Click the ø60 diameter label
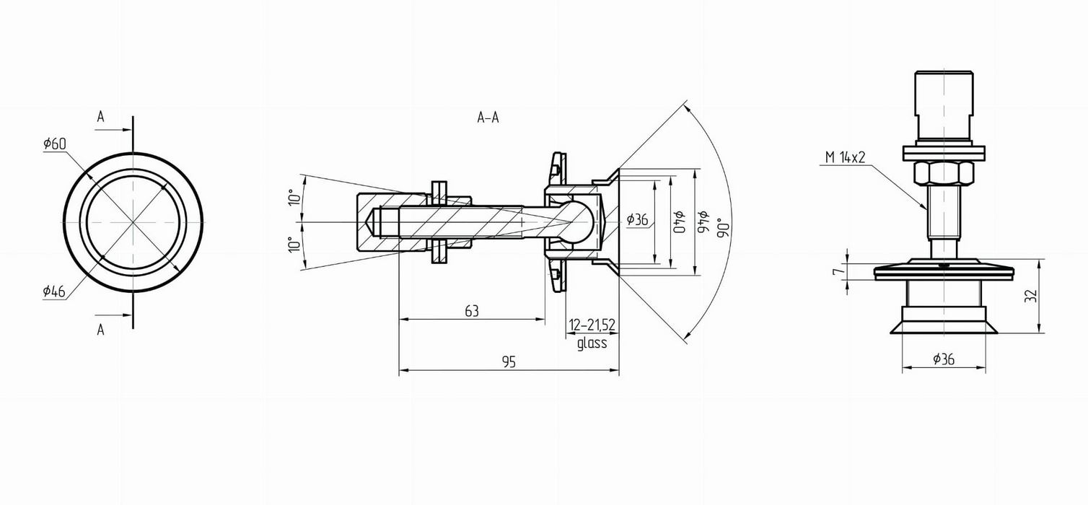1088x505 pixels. [54, 144]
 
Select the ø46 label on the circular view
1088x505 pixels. [54, 291]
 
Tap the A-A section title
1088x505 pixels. [488, 118]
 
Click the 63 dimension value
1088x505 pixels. [472, 311]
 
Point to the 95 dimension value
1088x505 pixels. [509, 362]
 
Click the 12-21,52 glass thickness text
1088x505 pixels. [592, 325]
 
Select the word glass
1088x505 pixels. [592, 343]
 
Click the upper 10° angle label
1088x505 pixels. [294, 197]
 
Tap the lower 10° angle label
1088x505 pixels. [294, 245]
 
